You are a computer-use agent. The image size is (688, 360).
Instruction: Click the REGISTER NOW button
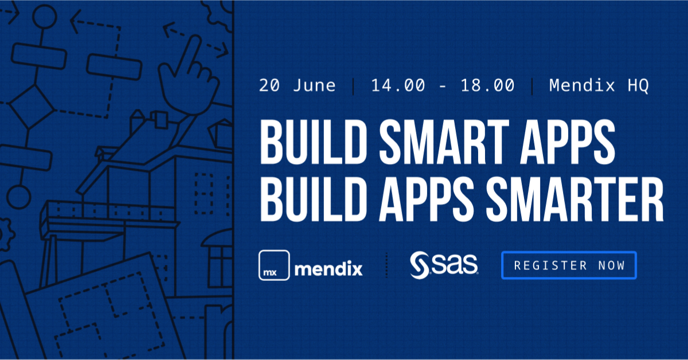(x=569, y=265)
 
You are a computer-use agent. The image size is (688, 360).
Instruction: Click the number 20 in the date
(x=269, y=86)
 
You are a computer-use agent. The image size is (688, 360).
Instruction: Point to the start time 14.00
(x=398, y=86)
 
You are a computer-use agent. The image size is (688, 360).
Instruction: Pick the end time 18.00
(x=487, y=86)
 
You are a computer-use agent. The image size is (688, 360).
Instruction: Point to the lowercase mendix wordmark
(x=328, y=268)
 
